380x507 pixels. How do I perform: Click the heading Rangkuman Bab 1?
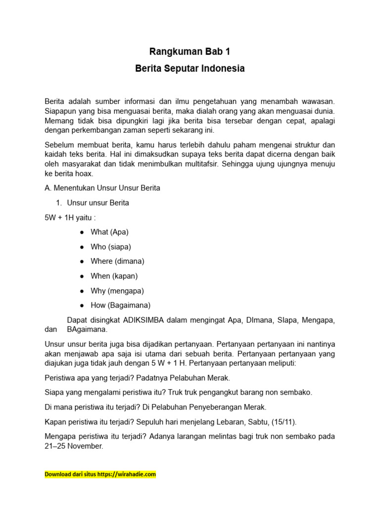190,51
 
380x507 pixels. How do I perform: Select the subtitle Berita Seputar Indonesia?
190,69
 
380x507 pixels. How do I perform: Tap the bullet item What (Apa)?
109,232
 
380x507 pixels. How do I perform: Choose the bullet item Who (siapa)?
111,247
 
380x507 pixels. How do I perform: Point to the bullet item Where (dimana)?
117,261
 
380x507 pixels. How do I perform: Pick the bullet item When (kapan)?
114,276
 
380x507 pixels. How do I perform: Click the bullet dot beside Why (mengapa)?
81,291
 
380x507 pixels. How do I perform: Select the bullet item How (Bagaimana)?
120,305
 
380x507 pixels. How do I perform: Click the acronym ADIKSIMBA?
143,320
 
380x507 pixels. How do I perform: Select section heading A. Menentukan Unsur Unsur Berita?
102,188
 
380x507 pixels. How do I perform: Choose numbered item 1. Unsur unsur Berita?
97,203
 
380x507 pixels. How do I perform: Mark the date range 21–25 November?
74,446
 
